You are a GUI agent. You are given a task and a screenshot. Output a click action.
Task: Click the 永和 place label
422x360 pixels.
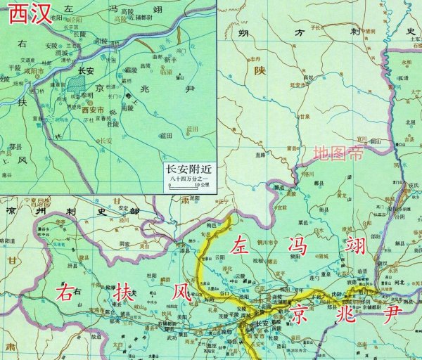coord(407,61)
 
